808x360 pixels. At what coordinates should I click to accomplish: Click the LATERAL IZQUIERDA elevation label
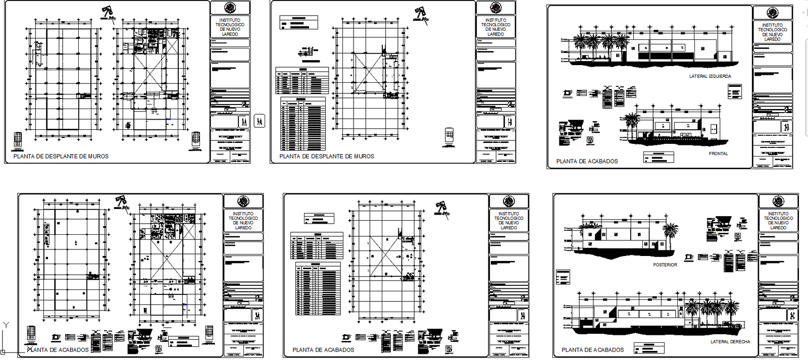coord(710,76)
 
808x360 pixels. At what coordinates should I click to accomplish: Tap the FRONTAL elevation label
coord(718,153)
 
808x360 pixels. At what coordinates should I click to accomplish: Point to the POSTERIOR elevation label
coord(665,265)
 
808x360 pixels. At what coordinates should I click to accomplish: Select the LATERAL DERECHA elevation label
coord(730,342)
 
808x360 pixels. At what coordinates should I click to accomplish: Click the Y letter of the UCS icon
coord(6,325)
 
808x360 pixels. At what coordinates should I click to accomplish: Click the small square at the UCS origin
coord(3,352)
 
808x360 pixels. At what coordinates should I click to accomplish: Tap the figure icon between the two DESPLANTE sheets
coord(259,121)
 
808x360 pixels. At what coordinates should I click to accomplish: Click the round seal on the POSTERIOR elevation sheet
coord(778,201)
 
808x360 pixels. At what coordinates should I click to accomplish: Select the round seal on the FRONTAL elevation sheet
coord(772,13)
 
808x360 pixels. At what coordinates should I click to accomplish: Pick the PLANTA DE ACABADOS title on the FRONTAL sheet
coord(587,162)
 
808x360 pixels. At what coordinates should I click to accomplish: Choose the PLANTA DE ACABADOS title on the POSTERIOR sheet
coord(592,350)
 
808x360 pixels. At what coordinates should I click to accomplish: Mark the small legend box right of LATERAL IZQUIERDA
coord(735,91)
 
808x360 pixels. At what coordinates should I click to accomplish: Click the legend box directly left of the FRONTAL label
coord(659,157)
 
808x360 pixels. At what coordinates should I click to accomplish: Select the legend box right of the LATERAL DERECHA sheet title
coord(649,348)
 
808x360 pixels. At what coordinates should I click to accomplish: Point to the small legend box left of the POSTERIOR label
coord(562,277)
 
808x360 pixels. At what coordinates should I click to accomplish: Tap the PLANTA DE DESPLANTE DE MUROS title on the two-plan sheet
coord(61,157)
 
